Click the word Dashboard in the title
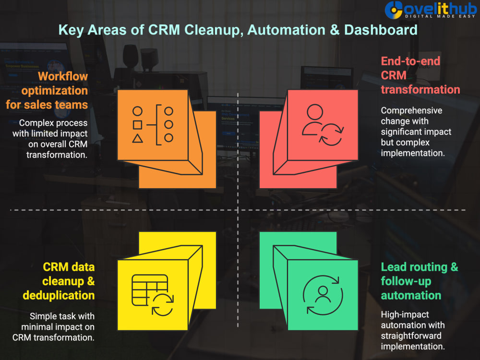click(x=381, y=30)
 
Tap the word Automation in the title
click(x=286, y=30)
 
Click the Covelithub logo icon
click(x=394, y=10)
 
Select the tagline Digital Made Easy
click(x=440, y=16)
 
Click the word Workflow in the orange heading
click(x=63, y=76)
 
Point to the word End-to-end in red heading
click(x=410, y=61)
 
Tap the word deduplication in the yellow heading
click(x=59, y=295)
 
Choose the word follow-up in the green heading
click(x=406, y=281)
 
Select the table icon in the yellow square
click(x=150, y=290)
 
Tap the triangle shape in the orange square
click(x=137, y=139)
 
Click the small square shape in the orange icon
click(x=137, y=125)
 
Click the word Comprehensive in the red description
click(x=411, y=110)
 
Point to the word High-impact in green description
click(x=405, y=314)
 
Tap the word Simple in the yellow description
click(x=43, y=316)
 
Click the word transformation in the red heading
click(x=420, y=90)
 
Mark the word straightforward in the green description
click(x=411, y=336)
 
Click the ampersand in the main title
click(x=335, y=30)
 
